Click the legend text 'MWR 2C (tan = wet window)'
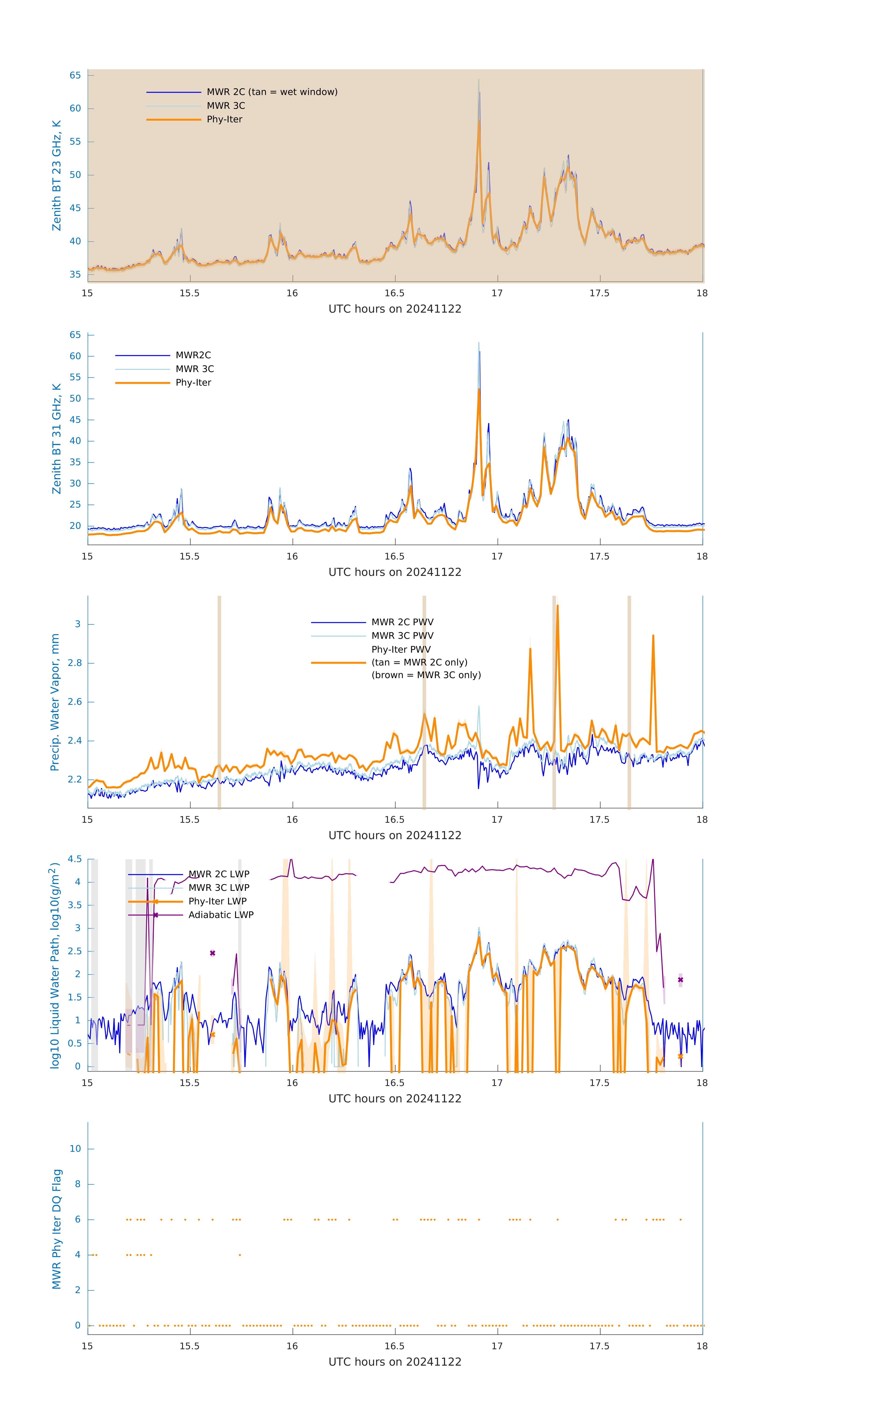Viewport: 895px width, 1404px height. [x=272, y=92]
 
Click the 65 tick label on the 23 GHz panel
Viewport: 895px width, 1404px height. [x=75, y=75]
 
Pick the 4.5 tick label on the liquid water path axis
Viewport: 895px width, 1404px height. [x=75, y=859]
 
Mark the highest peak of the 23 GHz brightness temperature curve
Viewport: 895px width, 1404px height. [x=479, y=80]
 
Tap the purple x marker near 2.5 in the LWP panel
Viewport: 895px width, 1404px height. [x=213, y=953]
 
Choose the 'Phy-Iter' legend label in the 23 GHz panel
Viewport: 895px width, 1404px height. [x=224, y=120]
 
